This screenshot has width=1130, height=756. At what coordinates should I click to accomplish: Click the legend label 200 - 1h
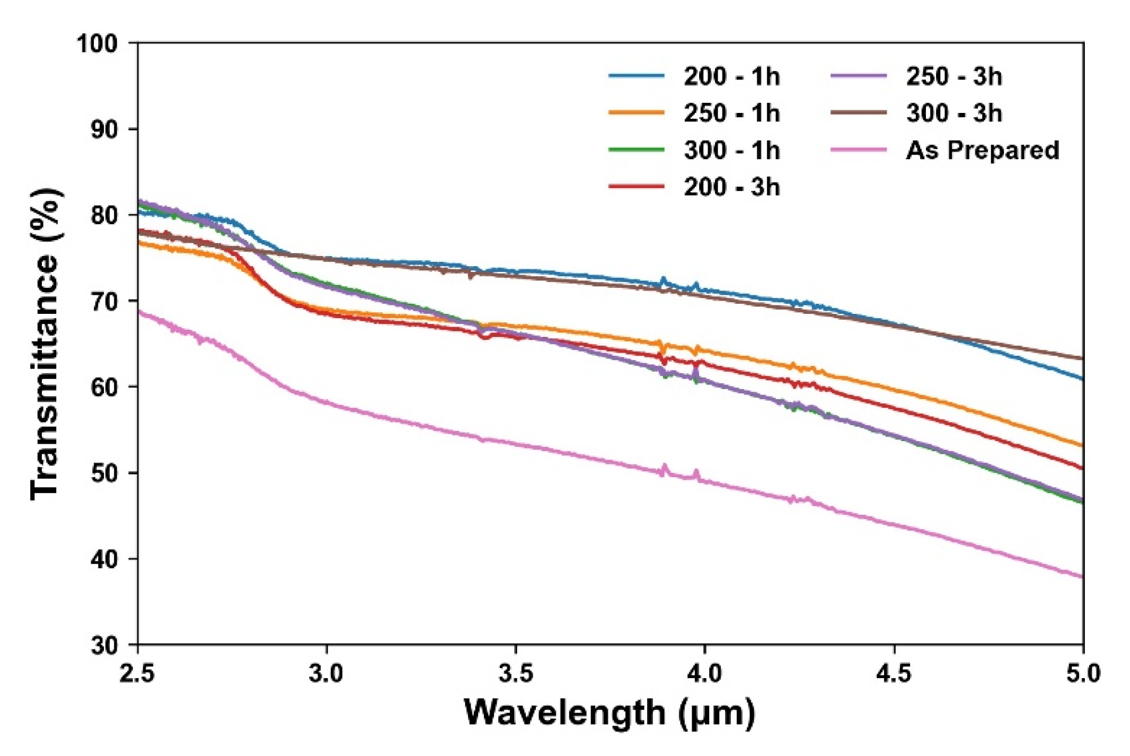coord(731,77)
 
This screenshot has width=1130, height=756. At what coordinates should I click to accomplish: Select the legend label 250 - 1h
coord(731,113)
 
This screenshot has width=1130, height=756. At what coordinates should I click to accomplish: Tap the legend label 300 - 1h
coord(731,151)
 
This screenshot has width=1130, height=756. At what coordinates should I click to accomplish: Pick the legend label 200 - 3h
coord(731,188)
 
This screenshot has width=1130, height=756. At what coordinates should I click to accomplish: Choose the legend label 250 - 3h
coord(954,77)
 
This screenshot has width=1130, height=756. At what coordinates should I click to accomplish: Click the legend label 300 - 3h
coord(954,113)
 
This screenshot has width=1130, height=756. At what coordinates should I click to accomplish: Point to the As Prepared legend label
coord(982,151)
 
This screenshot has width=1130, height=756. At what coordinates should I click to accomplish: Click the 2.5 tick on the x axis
coord(137,674)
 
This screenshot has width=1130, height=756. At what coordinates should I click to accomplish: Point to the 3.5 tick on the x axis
coord(515,674)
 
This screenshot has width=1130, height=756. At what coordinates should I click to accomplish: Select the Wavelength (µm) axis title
coord(610,713)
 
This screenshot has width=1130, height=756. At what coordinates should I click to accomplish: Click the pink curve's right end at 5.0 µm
coord(1082,577)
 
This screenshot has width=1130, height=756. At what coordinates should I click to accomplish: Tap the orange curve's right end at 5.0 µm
coord(1082,445)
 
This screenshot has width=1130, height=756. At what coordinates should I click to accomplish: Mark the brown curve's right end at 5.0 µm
coord(1082,359)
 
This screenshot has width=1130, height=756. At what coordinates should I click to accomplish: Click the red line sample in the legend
coord(636,187)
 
